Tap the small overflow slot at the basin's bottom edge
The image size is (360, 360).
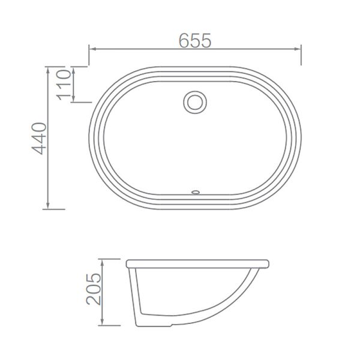pos(194,192)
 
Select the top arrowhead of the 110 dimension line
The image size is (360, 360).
pos(73,70)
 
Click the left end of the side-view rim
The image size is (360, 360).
pos(128,264)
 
